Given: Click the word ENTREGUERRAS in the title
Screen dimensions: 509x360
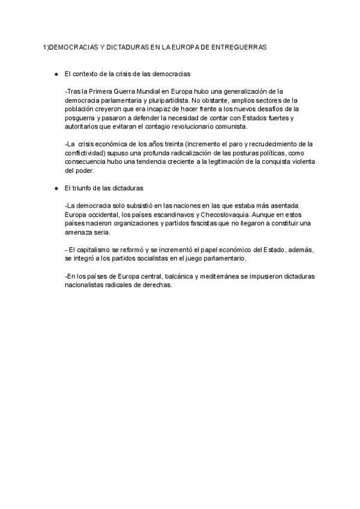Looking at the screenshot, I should click(239, 46).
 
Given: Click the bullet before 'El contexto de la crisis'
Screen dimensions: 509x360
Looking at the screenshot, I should click(56, 74).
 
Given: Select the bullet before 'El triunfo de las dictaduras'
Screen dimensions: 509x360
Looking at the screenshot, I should click(56, 188).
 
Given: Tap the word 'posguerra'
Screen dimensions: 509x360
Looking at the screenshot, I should click(79, 118).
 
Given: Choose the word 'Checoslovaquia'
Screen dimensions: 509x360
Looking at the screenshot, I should click(226, 214).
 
